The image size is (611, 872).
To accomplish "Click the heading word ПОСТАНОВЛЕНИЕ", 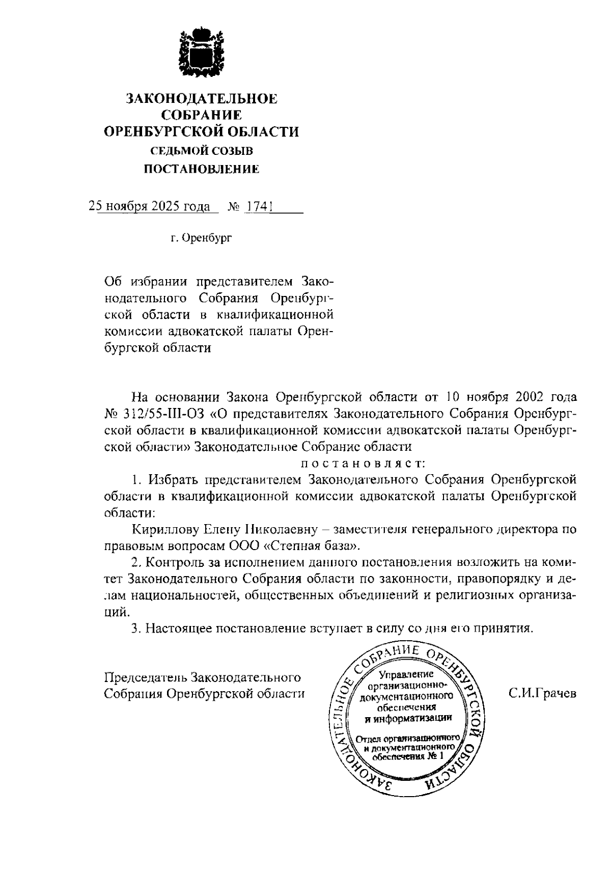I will click(x=201, y=169).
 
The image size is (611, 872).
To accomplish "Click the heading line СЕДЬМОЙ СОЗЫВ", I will click(x=201, y=151).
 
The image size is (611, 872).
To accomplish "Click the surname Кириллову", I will click(x=160, y=530).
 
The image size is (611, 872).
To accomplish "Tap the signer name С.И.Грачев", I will click(x=542, y=693).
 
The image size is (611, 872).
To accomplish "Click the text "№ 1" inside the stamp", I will click(x=435, y=756).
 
